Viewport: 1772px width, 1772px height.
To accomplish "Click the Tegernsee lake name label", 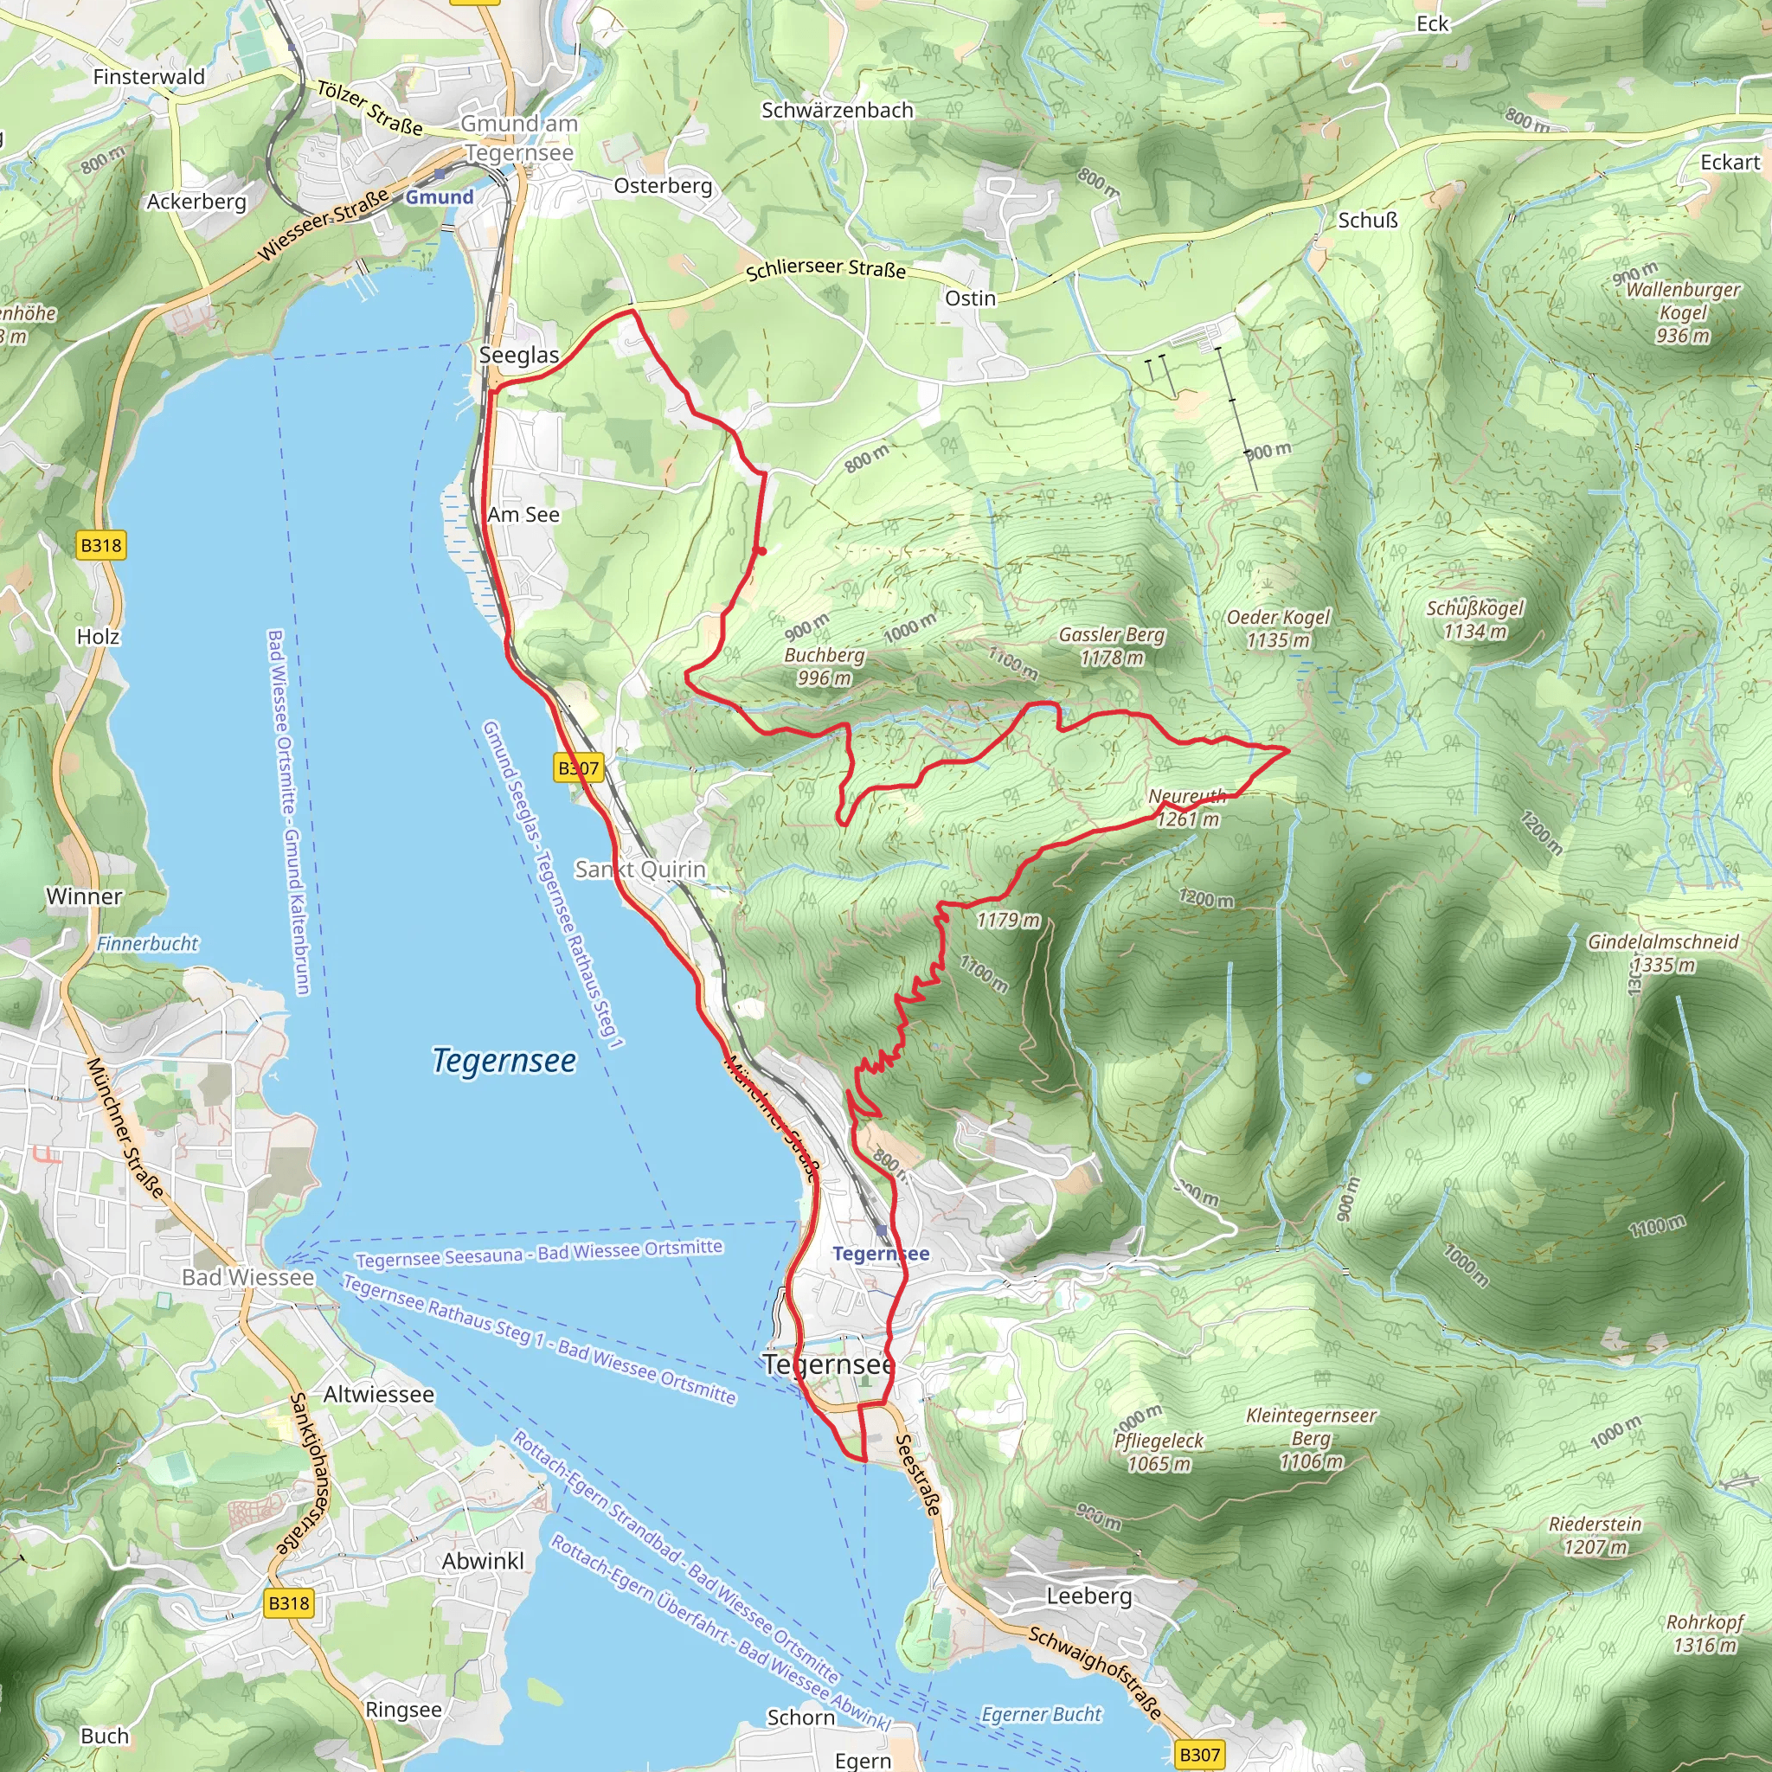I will pyautogui.click(x=504, y=1060).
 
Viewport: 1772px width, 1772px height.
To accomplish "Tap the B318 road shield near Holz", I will pyautogui.click(x=101, y=546).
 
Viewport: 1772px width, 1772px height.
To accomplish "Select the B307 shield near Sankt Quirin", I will pyautogui.click(x=579, y=767).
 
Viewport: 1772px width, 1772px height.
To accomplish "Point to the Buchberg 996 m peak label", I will pyautogui.click(x=824, y=667).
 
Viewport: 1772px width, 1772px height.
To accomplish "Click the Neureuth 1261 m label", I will pyautogui.click(x=1187, y=808).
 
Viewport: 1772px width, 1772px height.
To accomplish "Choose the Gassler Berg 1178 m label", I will pyautogui.click(x=1111, y=645).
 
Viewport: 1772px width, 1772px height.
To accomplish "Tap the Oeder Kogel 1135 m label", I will pyautogui.click(x=1278, y=628).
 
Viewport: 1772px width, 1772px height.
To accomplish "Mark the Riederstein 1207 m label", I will pyautogui.click(x=1595, y=1536).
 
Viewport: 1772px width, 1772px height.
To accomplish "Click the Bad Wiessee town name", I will pyautogui.click(x=247, y=1277).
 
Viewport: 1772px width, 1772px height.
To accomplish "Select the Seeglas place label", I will pyautogui.click(x=519, y=355).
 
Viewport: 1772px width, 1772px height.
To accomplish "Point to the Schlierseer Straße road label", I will pyautogui.click(x=825, y=269).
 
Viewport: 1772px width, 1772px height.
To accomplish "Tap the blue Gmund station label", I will pyautogui.click(x=440, y=197).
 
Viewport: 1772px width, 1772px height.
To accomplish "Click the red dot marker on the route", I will pyautogui.click(x=761, y=550).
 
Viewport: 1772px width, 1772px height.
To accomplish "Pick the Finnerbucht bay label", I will pyautogui.click(x=148, y=943).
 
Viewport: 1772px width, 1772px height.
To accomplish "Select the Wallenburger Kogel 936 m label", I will pyautogui.click(x=1682, y=311).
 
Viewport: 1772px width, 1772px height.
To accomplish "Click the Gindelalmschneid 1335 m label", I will pyautogui.click(x=1663, y=953).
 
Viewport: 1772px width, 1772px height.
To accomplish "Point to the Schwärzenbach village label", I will pyautogui.click(x=838, y=110).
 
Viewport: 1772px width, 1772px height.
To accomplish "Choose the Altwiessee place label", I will pyautogui.click(x=379, y=1394).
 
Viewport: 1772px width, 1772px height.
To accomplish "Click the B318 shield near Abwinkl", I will pyautogui.click(x=289, y=1602).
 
